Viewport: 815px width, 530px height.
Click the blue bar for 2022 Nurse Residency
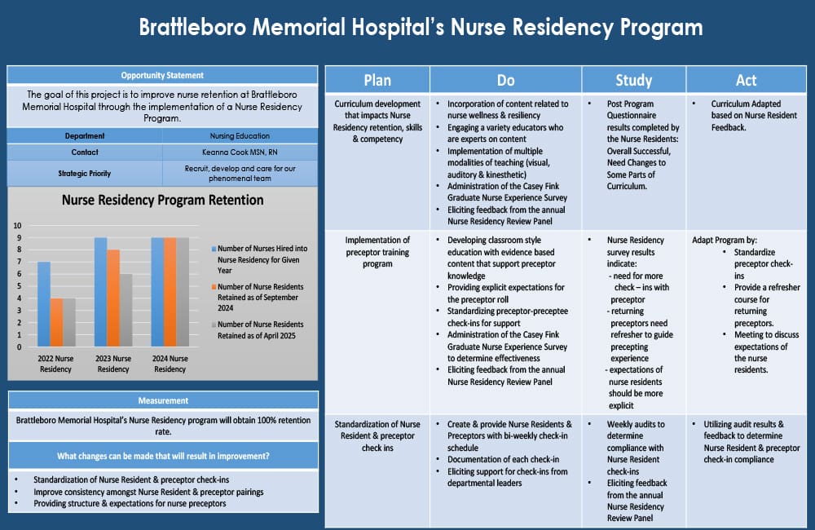point(44,304)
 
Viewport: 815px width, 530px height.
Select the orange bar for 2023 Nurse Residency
point(113,298)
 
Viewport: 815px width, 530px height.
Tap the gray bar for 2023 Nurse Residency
point(126,310)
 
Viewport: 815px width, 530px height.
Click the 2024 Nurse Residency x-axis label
point(170,364)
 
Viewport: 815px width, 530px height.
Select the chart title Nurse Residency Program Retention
point(163,200)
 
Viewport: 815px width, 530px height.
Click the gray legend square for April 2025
point(214,325)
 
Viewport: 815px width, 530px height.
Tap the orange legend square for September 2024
point(214,287)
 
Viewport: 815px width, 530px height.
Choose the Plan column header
point(377,80)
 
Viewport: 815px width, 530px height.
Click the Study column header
point(633,80)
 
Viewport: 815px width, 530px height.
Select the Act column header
point(746,80)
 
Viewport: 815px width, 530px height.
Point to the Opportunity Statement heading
point(162,75)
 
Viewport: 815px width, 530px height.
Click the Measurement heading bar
point(163,400)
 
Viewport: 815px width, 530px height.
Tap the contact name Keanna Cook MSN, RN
point(240,152)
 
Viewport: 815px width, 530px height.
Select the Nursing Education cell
point(240,136)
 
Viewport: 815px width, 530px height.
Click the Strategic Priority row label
point(85,173)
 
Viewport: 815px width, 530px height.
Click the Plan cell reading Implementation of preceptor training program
point(377,252)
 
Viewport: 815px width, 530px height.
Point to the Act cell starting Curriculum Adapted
point(746,116)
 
